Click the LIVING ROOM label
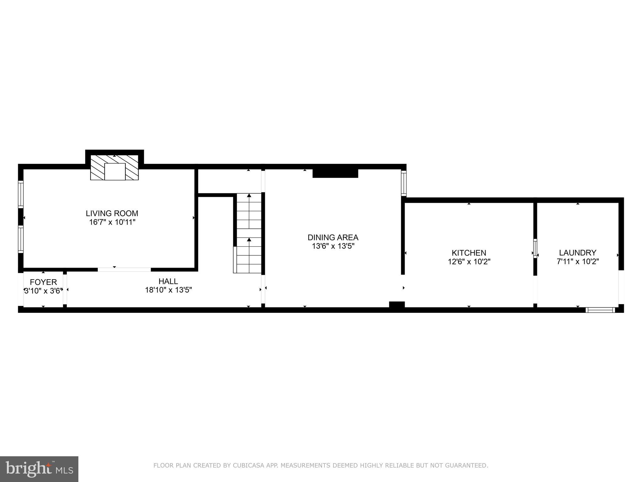pyautogui.click(x=112, y=213)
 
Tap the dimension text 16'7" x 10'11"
pyautogui.click(x=112, y=222)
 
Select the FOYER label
pyautogui.click(x=43, y=282)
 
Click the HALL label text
pyautogui.click(x=168, y=281)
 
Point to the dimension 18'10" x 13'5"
pyautogui.click(x=168, y=290)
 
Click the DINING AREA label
pyautogui.click(x=333, y=237)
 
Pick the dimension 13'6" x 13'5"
pyautogui.click(x=333, y=246)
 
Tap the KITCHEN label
pyautogui.click(x=469, y=253)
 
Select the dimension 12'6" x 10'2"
pyautogui.click(x=469, y=261)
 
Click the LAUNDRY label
pyautogui.click(x=578, y=253)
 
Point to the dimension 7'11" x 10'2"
pyautogui.click(x=578, y=261)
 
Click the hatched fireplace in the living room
pyautogui.click(x=114, y=168)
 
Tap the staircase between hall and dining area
pyautogui.click(x=249, y=233)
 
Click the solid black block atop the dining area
pyautogui.click(x=335, y=173)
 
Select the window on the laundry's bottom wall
pyautogui.click(x=600, y=310)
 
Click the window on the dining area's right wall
pyautogui.click(x=404, y=183)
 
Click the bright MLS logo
pyautogui.click(x=39, y=469)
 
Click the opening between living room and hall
pyautogui.click(x=124, y=269)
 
